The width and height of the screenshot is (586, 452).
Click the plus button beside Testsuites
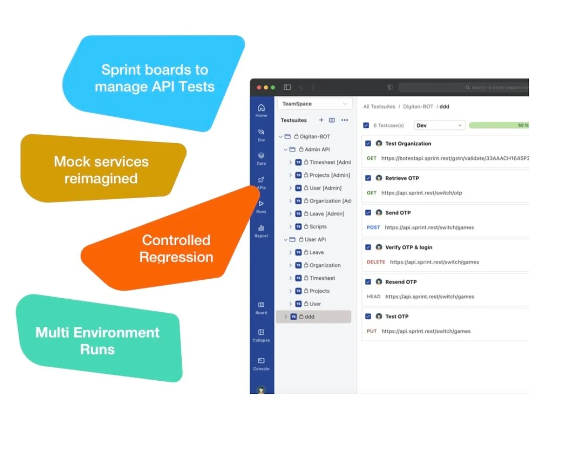[x=321, y=120]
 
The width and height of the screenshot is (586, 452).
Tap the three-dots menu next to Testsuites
[x=345, y=120]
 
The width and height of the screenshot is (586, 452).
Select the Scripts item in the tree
[x=318, y=226]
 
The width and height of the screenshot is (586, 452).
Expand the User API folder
[x=286, y=240]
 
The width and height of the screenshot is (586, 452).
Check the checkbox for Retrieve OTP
[x=368, y=178]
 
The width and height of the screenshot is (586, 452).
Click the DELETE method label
[x=376, y=262]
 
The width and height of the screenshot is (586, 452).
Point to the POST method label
[x=374, y=227]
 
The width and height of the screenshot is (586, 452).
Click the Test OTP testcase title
[x=397, y=316]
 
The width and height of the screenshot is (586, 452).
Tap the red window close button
[x=259, y=87]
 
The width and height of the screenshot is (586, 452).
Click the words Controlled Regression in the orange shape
[x=176, y=248]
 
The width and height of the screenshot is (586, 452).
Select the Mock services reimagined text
[x=101, y=170]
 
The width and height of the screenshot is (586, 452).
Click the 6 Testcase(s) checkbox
[x=366, y=125]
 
